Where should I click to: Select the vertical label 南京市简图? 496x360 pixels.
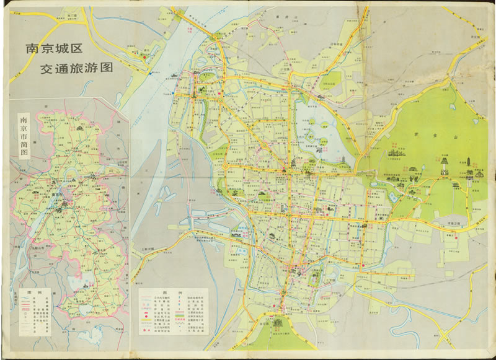click(24, 136)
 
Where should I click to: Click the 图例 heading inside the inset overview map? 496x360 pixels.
click(25, 292)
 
